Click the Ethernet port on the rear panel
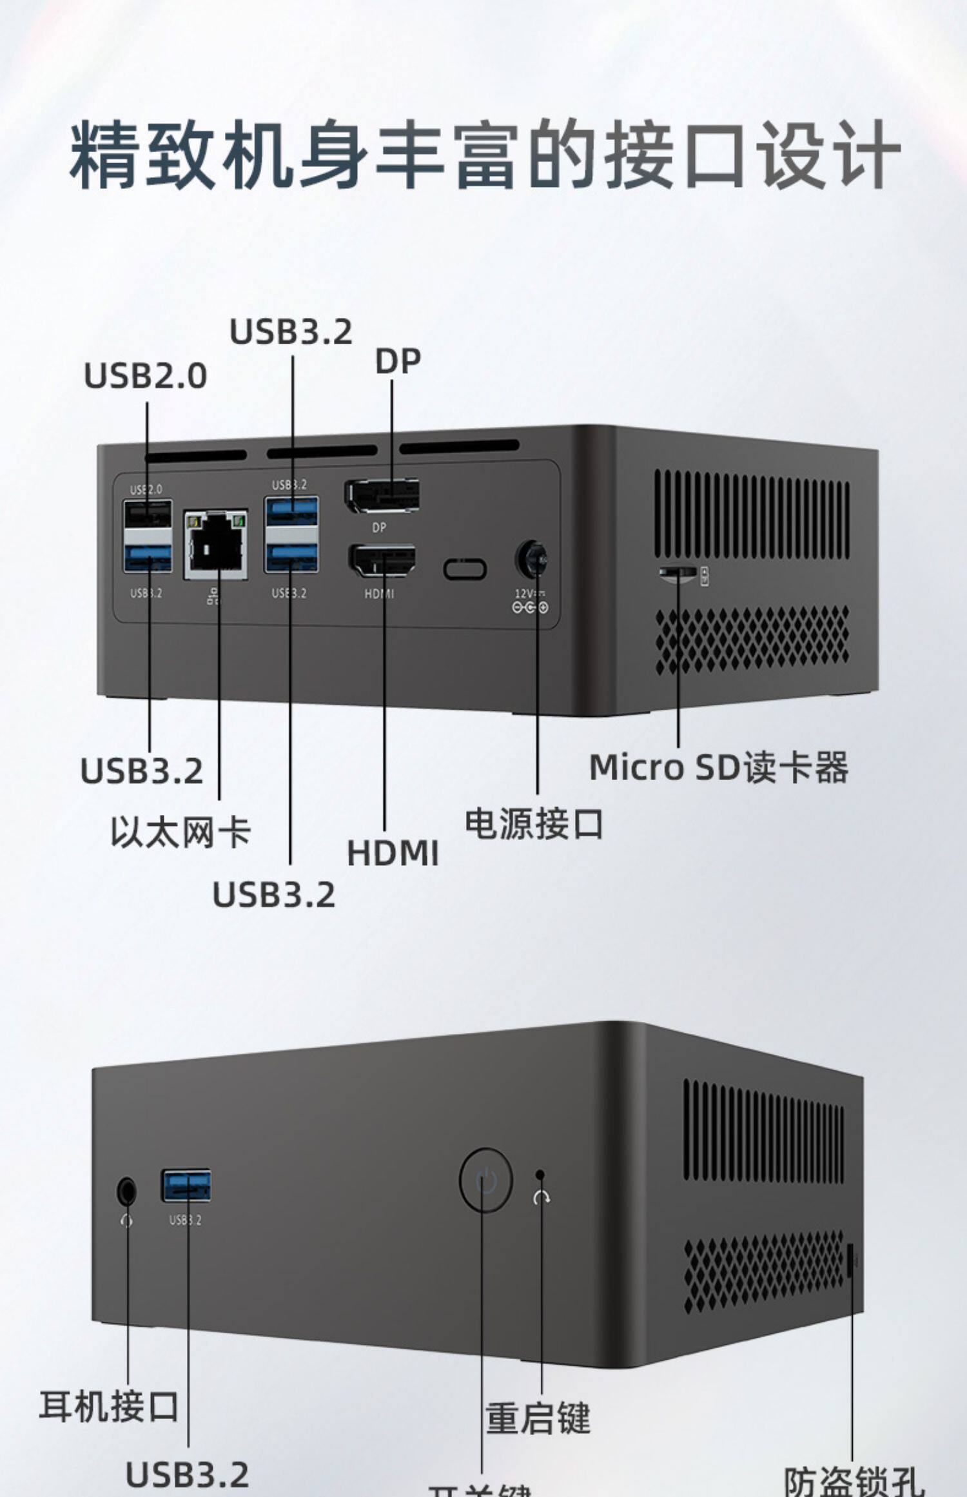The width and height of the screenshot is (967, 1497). (x=216, y=545)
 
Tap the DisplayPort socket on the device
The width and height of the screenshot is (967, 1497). (x=382, y=496)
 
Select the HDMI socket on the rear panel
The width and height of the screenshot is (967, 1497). (x=382, y=561)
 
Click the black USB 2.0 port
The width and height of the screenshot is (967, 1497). (x=148, y=514)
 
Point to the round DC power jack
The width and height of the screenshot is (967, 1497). (x=531, y=559)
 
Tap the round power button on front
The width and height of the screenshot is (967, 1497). (x=485, y=1180)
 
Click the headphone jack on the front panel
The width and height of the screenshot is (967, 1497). (x=127, y=1191)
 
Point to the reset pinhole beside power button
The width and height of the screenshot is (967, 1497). (x=540, y=1175)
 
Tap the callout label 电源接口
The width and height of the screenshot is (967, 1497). (x=534, y=824)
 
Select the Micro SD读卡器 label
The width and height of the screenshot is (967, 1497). (x=719, y=767)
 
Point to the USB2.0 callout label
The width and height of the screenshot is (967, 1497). (x=146, y=376)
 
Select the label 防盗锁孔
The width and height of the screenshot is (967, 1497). (x=853, y=1482)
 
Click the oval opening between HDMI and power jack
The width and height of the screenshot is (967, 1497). (x=465, y=569)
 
